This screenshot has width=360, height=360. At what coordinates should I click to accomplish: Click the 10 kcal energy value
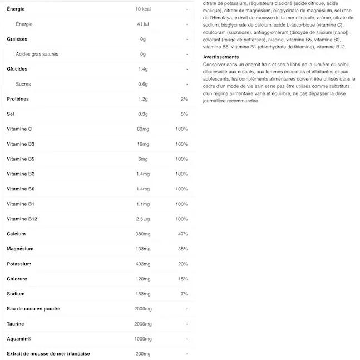pyautogui.click(x=144, y=9)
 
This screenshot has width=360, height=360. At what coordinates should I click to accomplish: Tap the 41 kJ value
pyautogui.click(x=142, y=24)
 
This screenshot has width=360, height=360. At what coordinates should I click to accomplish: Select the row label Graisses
pyautogui.click(x=17, y=40)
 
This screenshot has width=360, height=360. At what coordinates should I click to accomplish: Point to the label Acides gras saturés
pyautogui.click(x=37, y=55)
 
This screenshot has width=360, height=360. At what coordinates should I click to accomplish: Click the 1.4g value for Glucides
pyautogui.click(x=143, y=70)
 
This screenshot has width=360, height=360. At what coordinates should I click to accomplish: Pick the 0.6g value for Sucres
pyautogui.click(x=143, y=85)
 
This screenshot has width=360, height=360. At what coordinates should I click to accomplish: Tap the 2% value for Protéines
pyautogui.click(x=184, y=99)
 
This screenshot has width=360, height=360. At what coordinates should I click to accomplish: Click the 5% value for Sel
pyautogui.click(x=184, y=114)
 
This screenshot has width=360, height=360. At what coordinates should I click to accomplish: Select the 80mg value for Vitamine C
pyautogui.click(x=143, y=129)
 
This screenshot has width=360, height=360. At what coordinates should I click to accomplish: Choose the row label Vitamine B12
pyautogui.click(x=22, y=219)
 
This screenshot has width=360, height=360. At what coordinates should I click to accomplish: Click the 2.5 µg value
pyautogui.click(x=143, y=219)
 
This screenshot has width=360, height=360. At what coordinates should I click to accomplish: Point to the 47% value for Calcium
pyautogui.click(x=183, y=234)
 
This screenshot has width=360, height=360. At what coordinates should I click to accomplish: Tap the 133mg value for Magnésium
pyautogui.click(x=143, y=249)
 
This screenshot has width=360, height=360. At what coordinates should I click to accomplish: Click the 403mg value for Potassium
pyautogui.click(x=143, y=264)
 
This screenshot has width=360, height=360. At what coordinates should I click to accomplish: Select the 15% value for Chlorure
pyautogui.click(x=183, y=279)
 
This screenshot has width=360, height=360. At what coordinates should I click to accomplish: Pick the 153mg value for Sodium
pyautogui.click(x=143, y=294)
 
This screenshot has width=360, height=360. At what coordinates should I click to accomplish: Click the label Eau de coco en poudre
pyautogui.click(x=33, y=309)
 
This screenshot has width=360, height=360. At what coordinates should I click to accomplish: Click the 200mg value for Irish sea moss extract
pyautogui.click(x=143, y=354)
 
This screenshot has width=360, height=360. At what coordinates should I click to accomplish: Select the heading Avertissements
pyautogui.click(x=221, y=57)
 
